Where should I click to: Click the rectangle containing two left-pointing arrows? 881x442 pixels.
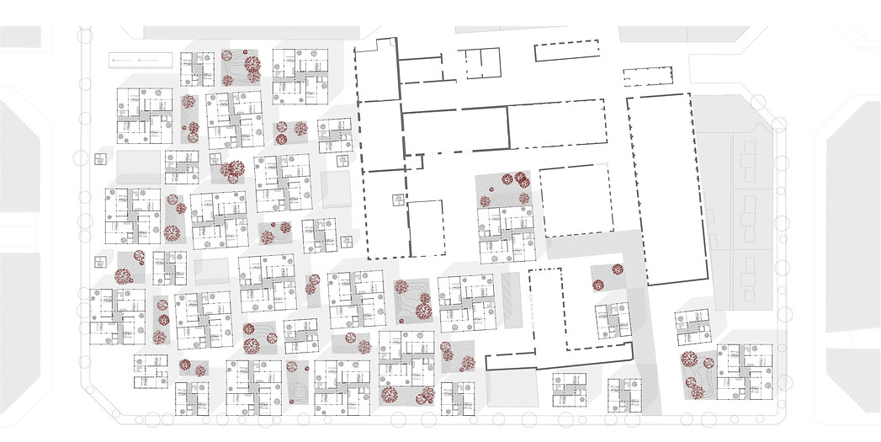pyautogui.click(x=141, y=61)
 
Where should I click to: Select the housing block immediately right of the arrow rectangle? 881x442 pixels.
pyautogui.click(x=199, y=68)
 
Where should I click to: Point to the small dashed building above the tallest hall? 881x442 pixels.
pyautogui.click(x=649, y=77)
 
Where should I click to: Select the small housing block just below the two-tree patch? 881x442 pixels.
pyautogui.click(x=613, y=320)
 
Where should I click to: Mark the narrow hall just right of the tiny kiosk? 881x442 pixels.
pyautogui.click(x=426, y=228)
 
